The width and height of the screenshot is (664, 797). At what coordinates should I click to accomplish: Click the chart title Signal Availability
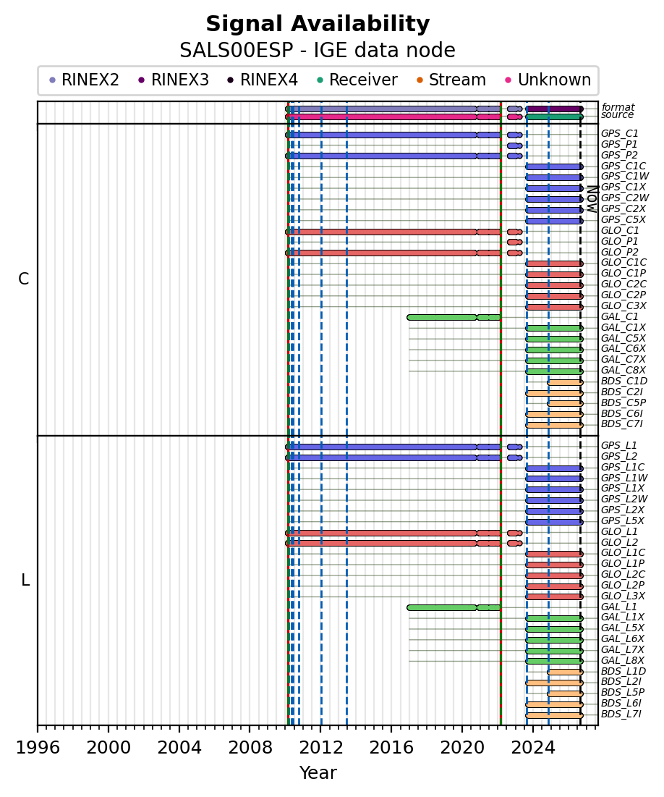(318, 24)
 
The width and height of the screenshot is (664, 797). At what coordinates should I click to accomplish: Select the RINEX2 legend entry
(84, 80)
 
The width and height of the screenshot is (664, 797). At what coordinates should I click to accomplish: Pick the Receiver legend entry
(357, 80)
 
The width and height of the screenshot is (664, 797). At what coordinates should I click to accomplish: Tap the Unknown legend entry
(548, 80)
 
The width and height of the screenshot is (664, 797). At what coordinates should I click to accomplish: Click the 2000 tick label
(108, 747)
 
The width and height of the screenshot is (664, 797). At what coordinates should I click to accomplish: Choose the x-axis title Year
(318, 772)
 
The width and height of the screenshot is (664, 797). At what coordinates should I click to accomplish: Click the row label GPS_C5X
(623, 219)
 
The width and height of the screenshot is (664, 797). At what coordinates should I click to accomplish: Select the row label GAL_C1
(620, 316)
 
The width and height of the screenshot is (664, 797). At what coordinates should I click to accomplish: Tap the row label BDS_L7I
(621, 714)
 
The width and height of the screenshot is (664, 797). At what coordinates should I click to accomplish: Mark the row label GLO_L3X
(623, 596)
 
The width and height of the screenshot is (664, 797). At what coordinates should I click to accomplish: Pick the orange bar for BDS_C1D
(565, 382)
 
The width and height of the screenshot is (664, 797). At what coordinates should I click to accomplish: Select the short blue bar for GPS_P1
(515, 146)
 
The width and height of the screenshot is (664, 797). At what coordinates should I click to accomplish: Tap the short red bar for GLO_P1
(515, 242)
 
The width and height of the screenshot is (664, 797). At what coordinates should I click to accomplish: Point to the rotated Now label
(592, 199)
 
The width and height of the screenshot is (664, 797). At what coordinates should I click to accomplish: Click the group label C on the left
(23, 279)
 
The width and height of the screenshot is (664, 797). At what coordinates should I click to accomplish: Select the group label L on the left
(25, 580)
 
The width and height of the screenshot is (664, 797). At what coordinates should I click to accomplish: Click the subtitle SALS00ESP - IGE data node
(318, 51)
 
